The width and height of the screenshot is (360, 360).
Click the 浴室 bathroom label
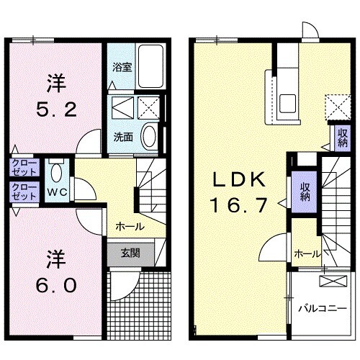122,68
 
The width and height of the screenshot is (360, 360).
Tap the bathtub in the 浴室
150,66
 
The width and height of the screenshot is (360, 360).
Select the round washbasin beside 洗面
149,136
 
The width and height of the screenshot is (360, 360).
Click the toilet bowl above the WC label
57,172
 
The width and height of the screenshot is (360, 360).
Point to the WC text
57,192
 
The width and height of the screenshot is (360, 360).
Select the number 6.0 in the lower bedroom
56,286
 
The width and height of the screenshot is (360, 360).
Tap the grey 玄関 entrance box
130,254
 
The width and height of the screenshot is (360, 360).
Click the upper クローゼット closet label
24,168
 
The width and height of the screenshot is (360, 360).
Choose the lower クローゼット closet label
24,192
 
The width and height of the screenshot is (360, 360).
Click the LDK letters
239,179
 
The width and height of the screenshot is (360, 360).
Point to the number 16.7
239,205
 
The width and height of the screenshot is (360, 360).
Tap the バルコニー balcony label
323,308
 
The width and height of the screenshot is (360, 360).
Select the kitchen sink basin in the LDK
287,103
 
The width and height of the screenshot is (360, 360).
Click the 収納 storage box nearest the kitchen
343,138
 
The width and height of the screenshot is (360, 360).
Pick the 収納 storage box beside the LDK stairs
305,192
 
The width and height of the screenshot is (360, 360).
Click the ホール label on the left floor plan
130,226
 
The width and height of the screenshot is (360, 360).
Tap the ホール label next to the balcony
307,253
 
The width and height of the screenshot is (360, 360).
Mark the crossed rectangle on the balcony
333,281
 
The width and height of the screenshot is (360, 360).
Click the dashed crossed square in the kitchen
338,107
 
